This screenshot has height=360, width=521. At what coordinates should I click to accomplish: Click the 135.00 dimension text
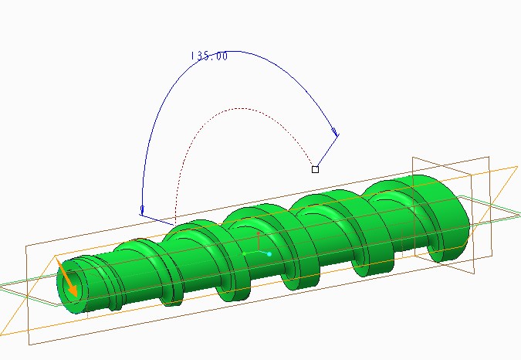pyautogui.click(x=209, y=56)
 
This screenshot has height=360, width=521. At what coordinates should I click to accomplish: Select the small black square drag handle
pyautogui.click(x=316, y=169)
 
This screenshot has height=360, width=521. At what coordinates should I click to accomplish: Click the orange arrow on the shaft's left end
pyautogui.click(x=67, y=278)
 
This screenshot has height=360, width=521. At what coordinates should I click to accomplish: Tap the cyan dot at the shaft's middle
pyautogui.click(x=269, y=254)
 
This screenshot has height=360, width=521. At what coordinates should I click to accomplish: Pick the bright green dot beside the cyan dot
pyautogui.click(x=245, y=254)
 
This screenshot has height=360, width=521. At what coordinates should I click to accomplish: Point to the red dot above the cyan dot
pyautogui.click(x=259, y=234)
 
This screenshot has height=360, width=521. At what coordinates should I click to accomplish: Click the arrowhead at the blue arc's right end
pyautogui.click(x=336, y=132)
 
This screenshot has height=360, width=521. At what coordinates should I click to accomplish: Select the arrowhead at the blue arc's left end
pyautogui.click(x=142, y=210)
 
